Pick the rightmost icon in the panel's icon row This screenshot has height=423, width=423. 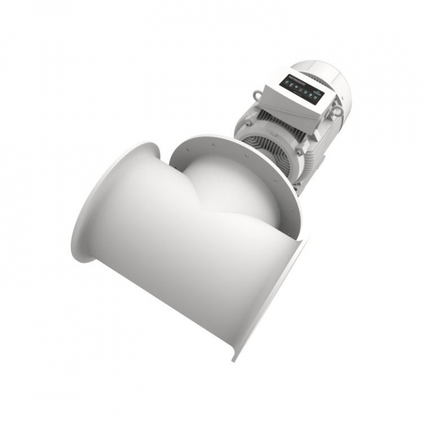311,96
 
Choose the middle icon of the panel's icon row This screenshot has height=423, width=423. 298,89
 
